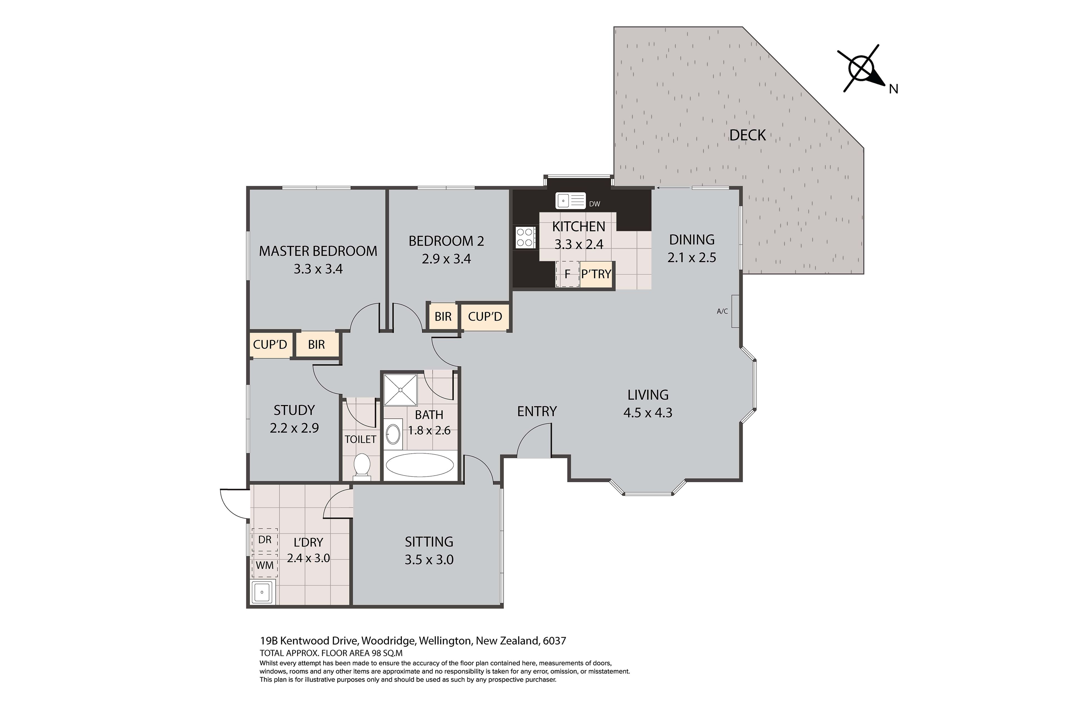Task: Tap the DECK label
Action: (747, 135)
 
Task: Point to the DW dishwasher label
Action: (594, 204)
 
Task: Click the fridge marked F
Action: (567, 274)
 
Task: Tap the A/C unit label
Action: (722, 311)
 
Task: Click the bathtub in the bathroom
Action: (419, 465)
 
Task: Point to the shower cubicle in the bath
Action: (401, 389)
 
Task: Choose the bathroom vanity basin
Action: (393, 434)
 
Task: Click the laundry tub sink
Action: (263, 592)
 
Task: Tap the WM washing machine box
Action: (265, 565)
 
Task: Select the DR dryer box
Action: (265, 540)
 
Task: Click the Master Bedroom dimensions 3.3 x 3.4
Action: (318, 269)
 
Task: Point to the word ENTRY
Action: (537, 411)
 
